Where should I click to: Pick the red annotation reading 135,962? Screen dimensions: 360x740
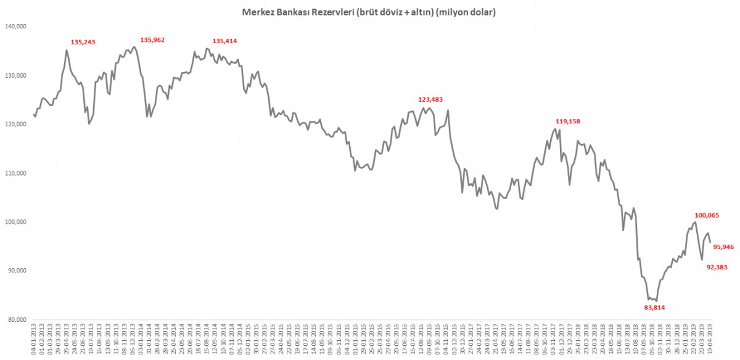[x=152, y=40]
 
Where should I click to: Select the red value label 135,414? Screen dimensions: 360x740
[x=224, y=41]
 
